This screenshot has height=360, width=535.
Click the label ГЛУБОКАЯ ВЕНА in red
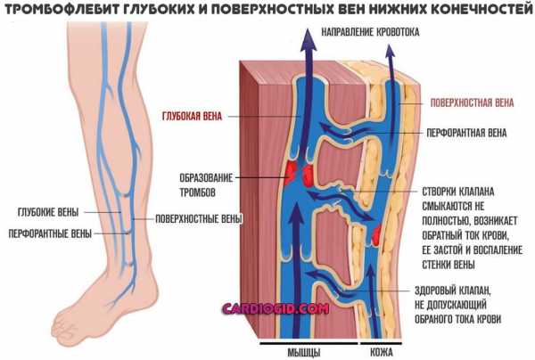pyautogui.click(x=192, y=116)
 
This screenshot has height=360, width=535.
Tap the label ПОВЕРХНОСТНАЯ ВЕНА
pyautogui.click(x=472, y=102)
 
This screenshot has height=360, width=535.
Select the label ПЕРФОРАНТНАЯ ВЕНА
pyautogui.click(x=466, y=133)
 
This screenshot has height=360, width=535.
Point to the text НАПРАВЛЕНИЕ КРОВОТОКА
pyautogui.click(x=370, y=32)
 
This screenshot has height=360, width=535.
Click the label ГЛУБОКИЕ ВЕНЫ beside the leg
pyautogui.click(x=48, y=212)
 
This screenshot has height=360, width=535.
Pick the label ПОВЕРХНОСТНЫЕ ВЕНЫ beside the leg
pyautogui.click(x=199, y=218)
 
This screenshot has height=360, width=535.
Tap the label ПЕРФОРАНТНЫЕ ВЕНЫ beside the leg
pyautogui.click(x=50, y=233)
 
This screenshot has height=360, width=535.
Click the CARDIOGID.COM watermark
pyautogui.click(x=276, y=309)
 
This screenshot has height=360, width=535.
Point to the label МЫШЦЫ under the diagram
pyautogui.click(x=304, y=352)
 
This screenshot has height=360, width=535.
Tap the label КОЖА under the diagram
pyautogui.click(x=381, y=352)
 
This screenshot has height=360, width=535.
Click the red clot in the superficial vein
pyautogui.click(x=376, y=234)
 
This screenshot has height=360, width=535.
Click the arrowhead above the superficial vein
pyautogui.click(x=390, y=52)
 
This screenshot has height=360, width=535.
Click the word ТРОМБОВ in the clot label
pyautogui.click(x=198, y=192)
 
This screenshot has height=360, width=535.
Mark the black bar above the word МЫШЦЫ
pyautogui.click(x=309, y=343)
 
